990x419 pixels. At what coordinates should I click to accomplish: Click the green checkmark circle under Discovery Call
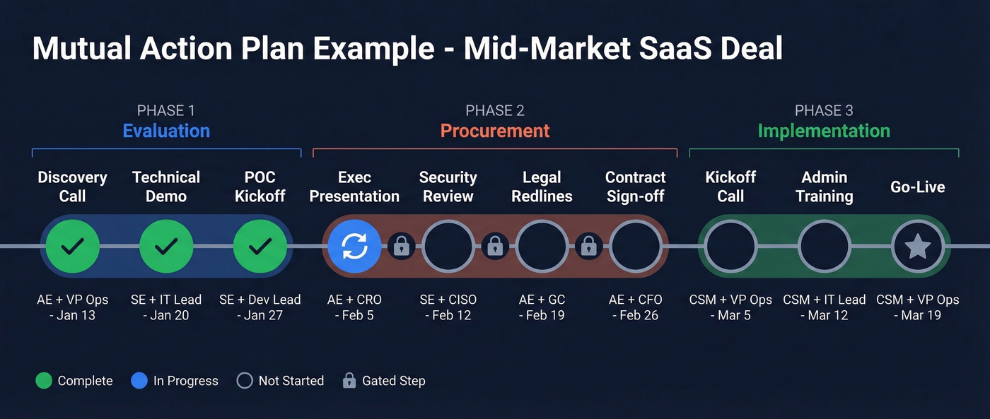[72, 246]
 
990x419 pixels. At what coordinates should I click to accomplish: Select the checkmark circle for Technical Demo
[166, 246]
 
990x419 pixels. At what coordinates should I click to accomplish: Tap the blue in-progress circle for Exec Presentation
[354, 246]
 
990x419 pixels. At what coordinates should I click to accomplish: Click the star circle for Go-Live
[918, 246]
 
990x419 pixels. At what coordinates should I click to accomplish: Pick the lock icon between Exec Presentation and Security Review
[401, 246]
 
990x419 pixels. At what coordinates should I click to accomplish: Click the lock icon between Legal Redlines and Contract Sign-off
[588, 246]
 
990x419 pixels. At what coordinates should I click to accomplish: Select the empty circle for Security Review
[448, 246]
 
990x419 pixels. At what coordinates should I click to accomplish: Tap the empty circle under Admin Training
[824, 246]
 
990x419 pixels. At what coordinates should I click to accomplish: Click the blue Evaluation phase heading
[166, 131]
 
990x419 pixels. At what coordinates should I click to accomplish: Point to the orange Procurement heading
[495, 131]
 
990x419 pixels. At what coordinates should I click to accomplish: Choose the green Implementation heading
[824, 131]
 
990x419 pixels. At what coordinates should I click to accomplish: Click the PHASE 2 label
[495, 110]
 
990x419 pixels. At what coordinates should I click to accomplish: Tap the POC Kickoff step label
[260, 187]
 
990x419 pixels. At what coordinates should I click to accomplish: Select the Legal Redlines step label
[542, 187]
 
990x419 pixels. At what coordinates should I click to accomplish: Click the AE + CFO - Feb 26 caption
[635, 307]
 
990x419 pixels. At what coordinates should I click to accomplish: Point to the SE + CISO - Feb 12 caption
[448, 307]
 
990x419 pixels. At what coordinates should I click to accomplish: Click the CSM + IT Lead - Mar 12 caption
[824, 307]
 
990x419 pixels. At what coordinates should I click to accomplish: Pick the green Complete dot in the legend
[44, 381]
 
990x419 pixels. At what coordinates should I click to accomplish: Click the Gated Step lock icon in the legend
[349, 381]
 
